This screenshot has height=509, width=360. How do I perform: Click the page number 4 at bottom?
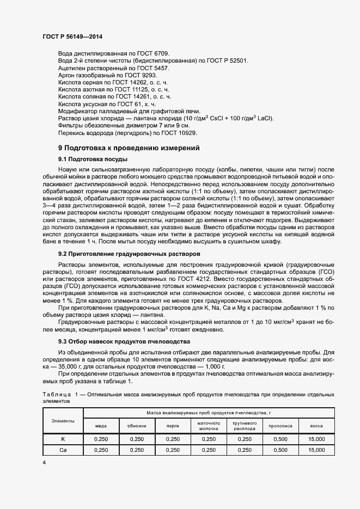tap(44, 462)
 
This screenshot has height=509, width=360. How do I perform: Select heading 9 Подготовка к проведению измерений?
tap(129, 148)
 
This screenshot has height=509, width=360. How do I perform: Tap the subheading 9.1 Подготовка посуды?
tap(93, 159)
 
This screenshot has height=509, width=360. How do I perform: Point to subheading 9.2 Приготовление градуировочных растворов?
tap(129, 254)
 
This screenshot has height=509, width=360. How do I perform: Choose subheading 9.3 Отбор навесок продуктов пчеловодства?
tap(124, 341)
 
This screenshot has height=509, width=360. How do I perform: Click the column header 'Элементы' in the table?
tap(63, 421)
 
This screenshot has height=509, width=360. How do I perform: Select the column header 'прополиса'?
tap(280, 426)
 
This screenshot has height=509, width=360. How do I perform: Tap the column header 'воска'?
tap(316, 426)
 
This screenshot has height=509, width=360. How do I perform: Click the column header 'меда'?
tap(101, 426)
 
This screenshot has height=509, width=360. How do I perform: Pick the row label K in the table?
tap(63, 439)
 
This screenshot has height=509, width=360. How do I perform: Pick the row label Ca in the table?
tap(63, 450)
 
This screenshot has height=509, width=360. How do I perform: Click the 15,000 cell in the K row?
tap(316, 439)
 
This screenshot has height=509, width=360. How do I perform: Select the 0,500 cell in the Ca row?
tap(280, 450)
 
